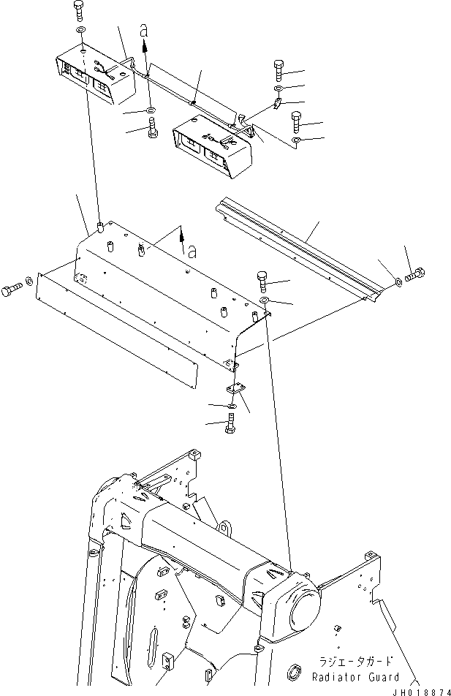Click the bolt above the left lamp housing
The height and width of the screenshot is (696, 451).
(79, 11)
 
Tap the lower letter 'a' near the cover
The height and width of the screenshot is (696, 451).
(192, 251)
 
